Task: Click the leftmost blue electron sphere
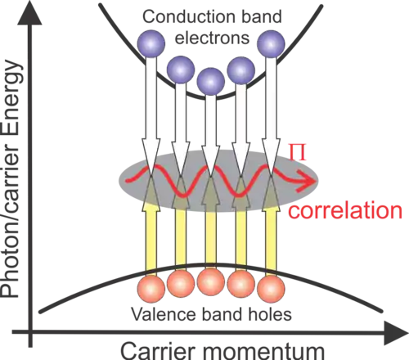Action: pos(151,43)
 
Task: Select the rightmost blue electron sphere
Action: pos(271,43)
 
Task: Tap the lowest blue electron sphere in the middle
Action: pos(211,82)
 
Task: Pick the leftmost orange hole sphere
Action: pos(151,289)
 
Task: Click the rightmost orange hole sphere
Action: pos(271,289)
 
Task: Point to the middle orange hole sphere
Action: pos(211,281)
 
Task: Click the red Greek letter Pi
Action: pos(298,152)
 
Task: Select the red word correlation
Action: pos(345,210)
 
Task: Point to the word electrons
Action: pos(212,38)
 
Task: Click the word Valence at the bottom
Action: pos(164,314)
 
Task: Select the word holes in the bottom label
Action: pos(269,314)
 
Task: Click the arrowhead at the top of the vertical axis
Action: pos(30,13)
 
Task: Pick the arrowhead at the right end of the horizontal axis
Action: pos(396,333)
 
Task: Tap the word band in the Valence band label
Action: pos(222,314)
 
